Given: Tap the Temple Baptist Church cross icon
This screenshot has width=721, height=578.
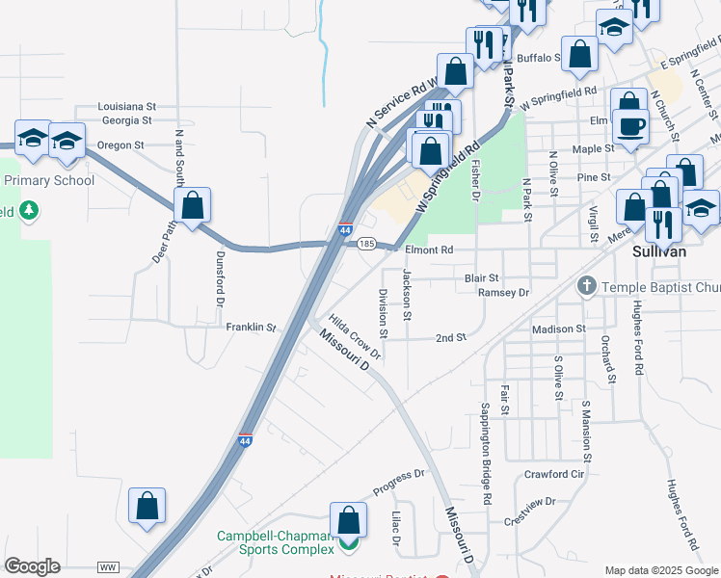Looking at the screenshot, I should pos(585,286).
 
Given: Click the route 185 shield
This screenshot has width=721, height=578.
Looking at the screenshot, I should pos(366,245).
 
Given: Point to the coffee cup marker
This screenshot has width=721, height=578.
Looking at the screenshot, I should pos(631,126).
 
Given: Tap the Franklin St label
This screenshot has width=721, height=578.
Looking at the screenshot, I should pos(251,328).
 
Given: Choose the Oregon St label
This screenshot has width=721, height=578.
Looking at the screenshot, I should pos(120,145).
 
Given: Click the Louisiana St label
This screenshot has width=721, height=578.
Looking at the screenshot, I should pos(126,106).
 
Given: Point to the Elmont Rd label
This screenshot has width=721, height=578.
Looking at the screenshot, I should pos(428,250).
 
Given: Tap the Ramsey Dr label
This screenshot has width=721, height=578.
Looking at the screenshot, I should pos(504,292).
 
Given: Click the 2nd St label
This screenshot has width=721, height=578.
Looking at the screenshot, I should pos(450,338).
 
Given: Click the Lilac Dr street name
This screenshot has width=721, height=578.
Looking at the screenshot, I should pos(396,528).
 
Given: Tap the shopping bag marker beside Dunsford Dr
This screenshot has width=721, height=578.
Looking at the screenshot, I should pos(192,205).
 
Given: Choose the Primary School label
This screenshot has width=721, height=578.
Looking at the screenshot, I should pos(49,180).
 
